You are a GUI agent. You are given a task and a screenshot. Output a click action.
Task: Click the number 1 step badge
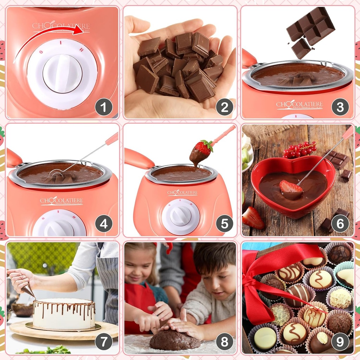(x=104, y=107)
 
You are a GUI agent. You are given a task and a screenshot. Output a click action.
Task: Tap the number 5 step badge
(x=224, y=223)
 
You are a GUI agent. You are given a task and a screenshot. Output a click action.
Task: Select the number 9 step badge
(x=340, y=341)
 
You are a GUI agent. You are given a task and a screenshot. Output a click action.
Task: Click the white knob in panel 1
(x=62, y=73)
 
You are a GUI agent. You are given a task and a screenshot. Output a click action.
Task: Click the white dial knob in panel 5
(x=180, y=216)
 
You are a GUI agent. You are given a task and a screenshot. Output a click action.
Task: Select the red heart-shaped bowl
(x=292, y=186)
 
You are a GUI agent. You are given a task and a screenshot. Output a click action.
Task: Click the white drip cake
(x=64, y=314)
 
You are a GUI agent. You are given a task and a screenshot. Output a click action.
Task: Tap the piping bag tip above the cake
(x=32, y=295)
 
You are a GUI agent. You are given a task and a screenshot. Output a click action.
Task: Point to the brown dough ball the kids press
(x=174, y=340)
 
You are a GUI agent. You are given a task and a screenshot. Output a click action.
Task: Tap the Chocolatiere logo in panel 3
(x=299, y=104)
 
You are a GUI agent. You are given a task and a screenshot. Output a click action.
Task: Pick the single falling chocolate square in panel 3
(x=301, y=49)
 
